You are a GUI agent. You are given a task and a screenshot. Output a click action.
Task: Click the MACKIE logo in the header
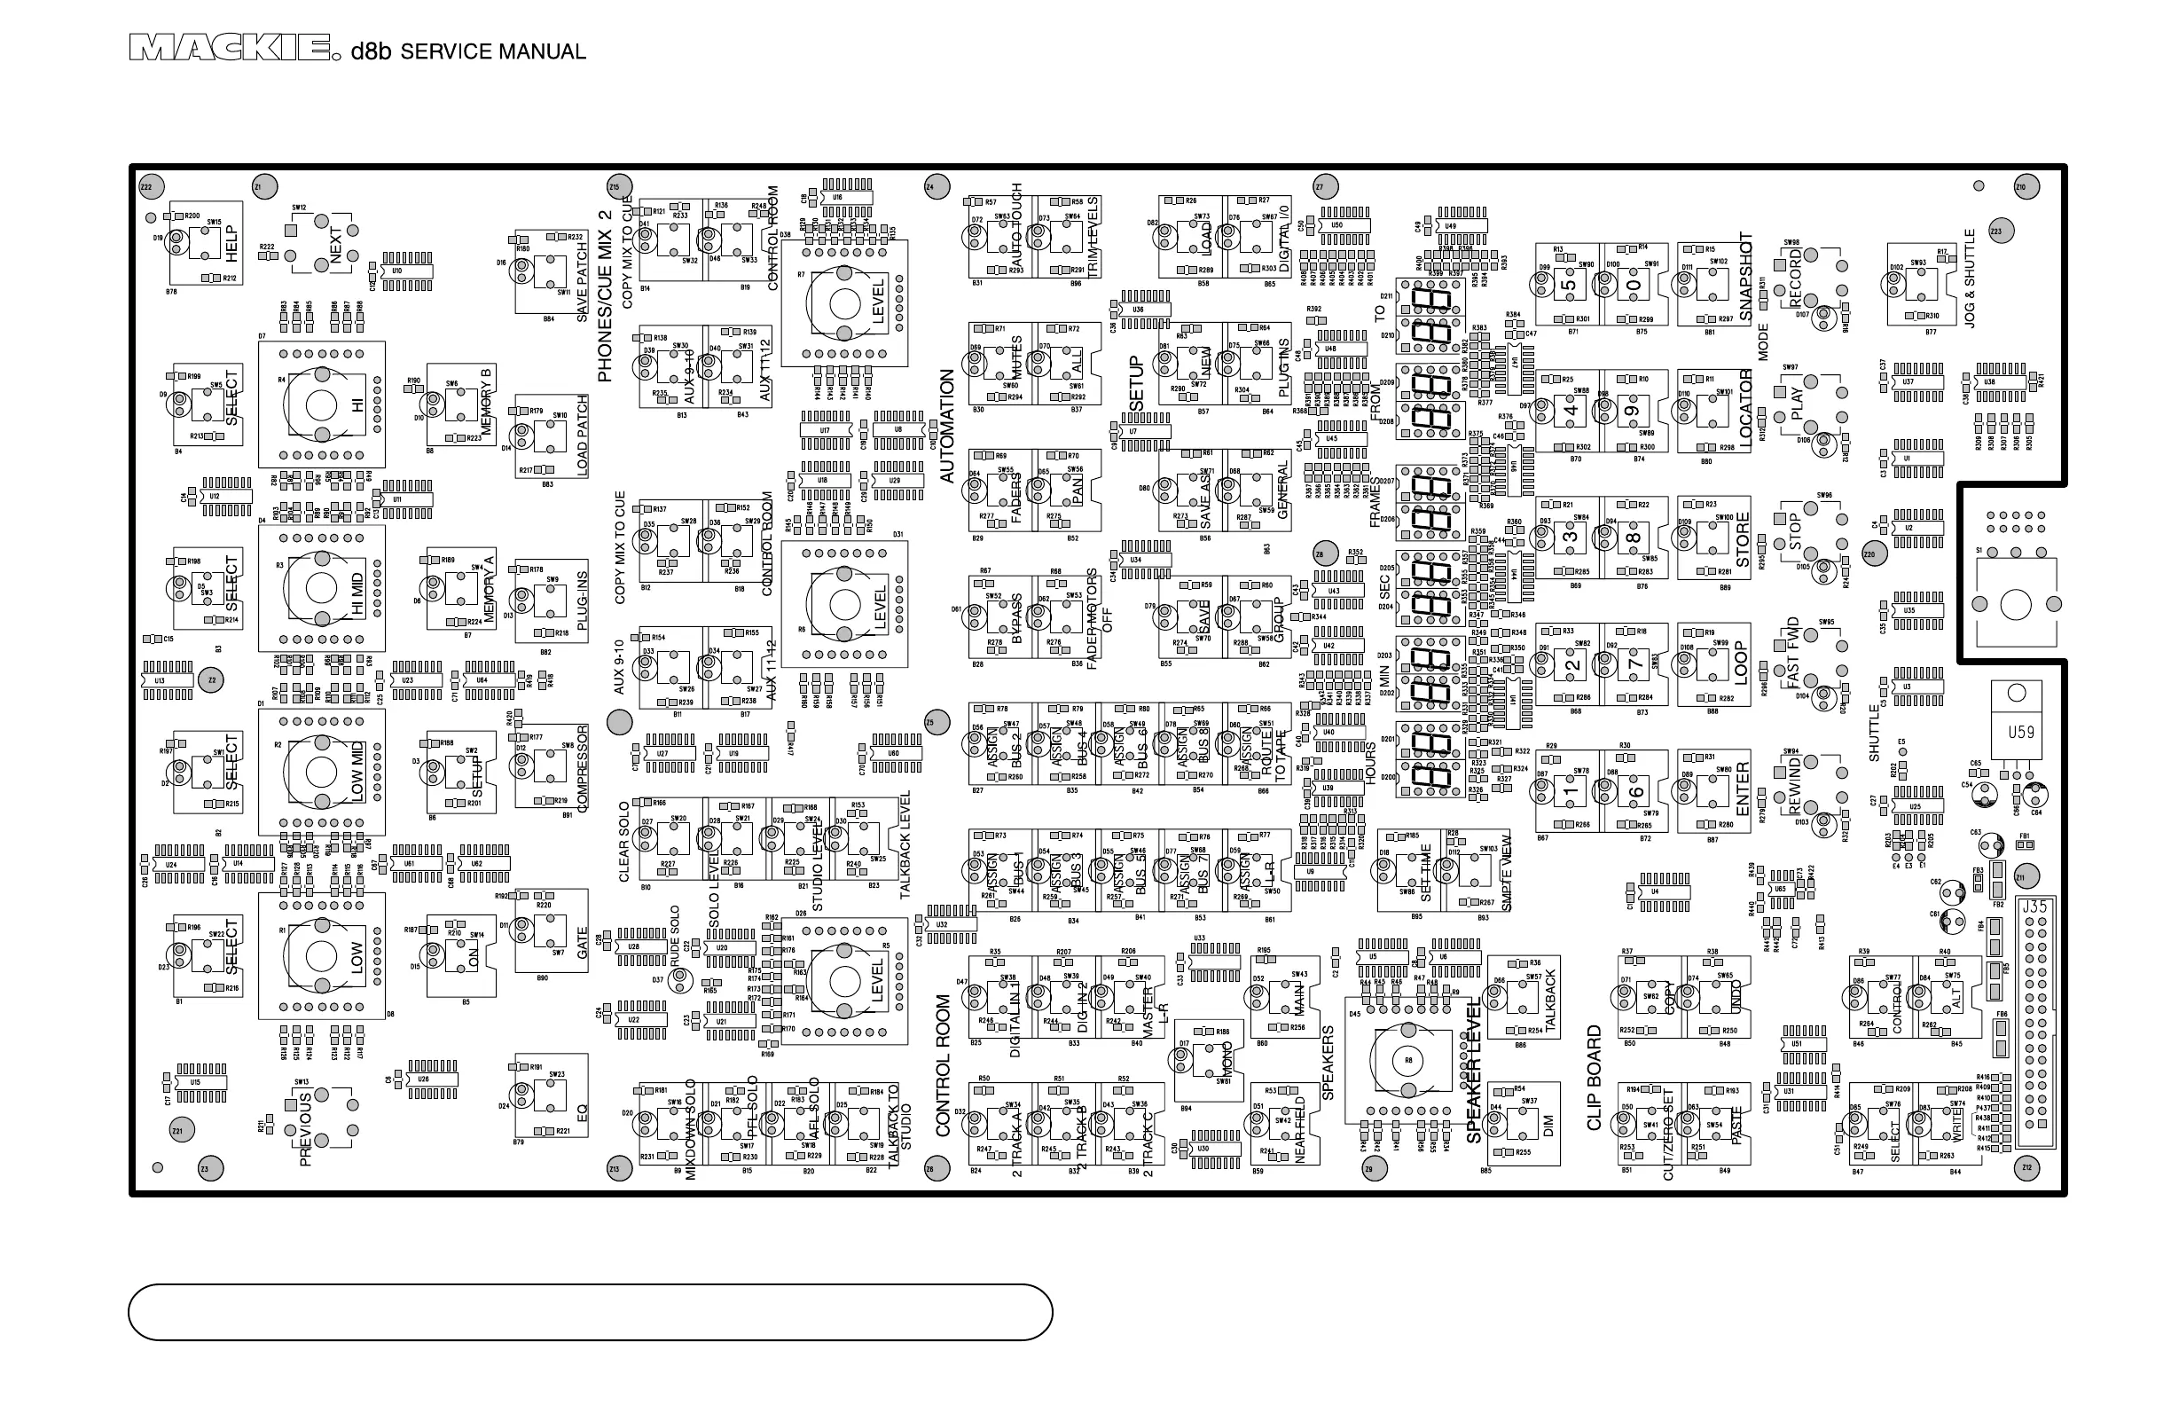pyautogui.click(x=229, y=49)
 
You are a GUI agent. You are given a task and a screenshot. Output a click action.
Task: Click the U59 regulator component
pyautogui.click(x=2020, y=732)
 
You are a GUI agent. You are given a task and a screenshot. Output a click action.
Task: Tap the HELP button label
pyautogui.click(x=231, y=244)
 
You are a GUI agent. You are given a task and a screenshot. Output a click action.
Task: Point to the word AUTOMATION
pyautogui.click(x=947, y=426)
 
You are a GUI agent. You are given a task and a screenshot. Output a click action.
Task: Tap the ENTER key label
pyautogui.click(x=1744, y=789)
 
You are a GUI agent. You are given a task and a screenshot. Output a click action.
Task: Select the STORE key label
pyautogui.click(x=1744, y=539)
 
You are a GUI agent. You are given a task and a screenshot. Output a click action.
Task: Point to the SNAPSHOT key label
pyautogui.click(x=1746, y=277)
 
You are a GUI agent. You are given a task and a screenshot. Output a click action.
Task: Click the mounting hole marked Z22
pyautogui.click(x=152, y=187)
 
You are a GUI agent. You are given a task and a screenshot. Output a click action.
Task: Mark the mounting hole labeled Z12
pyautogui.click(x=2026, y=1167)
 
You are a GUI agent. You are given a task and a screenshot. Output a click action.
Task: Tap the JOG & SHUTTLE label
pyautogui.click(x=1970, y=279)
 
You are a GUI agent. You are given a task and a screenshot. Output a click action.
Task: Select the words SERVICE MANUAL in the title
pyautogui.click(x=492, y=52)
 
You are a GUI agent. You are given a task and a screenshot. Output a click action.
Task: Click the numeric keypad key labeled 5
pyautogui.click(x=1568, y=285)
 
